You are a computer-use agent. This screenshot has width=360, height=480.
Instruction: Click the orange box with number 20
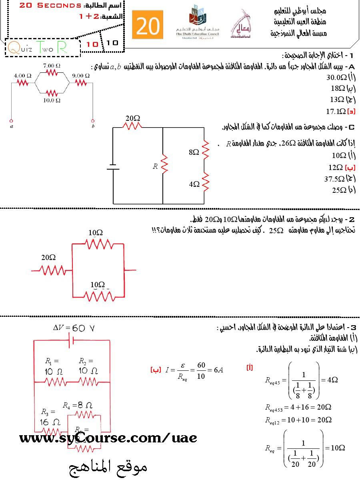pos(148,26)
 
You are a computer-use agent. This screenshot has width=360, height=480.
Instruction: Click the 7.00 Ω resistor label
pos(52,65)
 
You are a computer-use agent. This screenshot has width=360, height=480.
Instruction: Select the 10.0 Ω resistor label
pos(52,100)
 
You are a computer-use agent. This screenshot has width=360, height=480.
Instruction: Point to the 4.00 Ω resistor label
pos(22,75)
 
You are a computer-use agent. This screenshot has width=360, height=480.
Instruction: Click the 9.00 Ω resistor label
pos(81,75)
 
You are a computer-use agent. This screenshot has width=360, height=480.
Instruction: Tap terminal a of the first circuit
pos(11,120)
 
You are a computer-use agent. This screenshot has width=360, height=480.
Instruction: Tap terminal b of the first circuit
pos(93,120)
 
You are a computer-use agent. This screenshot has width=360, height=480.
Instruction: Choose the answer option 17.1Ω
pos(336,111)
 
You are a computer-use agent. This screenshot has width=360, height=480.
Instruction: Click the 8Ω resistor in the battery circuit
pos(206,149)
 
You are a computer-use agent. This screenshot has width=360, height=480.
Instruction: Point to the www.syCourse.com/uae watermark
pos(108,438)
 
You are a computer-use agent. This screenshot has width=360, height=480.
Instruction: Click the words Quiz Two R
pos(38,48)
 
